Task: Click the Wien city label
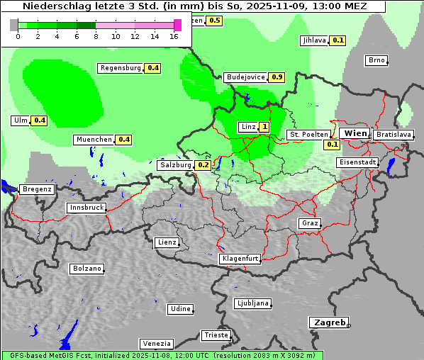point(355,133)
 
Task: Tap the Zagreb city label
point(328,322)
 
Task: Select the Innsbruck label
point(87,208)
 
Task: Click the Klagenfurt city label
point(240,259)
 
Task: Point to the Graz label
point(309,223)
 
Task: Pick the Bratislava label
point(393,134)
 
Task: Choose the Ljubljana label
point(252,303)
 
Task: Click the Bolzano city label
point(87,269)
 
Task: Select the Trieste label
point(216,335)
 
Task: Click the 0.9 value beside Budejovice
point(277,77)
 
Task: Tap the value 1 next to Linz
point(264,127)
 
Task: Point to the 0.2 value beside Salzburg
point(203,165)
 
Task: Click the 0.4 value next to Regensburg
point(152,69)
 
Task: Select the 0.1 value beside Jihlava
point(338,40)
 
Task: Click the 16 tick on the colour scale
point(174,37)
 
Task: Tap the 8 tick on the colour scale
point(96,37)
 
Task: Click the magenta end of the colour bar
point(177,25)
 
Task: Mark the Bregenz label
point(37,189)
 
